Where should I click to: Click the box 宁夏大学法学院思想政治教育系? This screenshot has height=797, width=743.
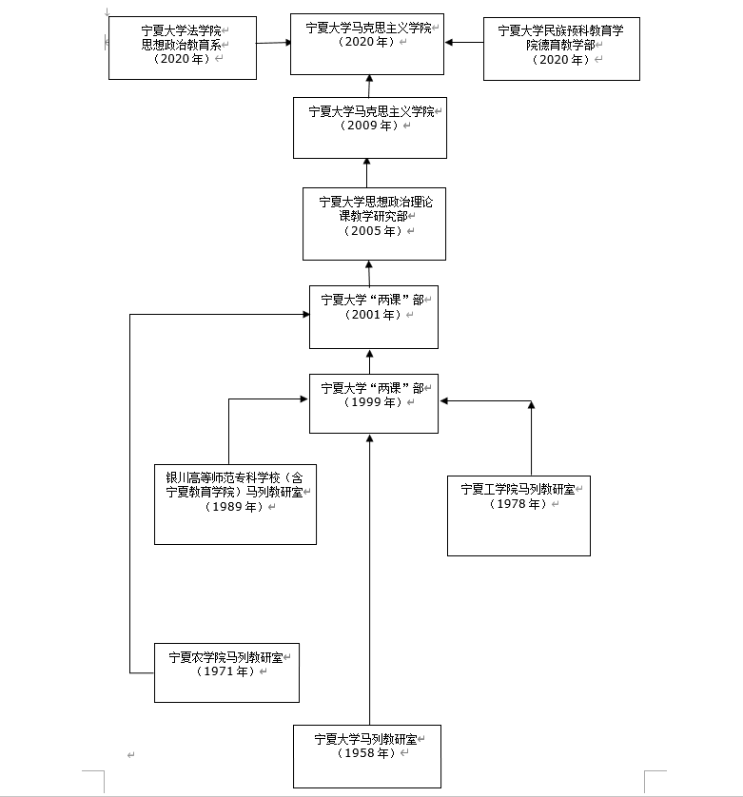click(x=183, y=47)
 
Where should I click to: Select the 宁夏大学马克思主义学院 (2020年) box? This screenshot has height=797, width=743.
click(x=367, y=45)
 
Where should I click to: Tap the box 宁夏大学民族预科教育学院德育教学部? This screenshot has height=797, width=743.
click(x=561, y=48)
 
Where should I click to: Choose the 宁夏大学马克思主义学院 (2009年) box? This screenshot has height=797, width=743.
click(x=370, y=127)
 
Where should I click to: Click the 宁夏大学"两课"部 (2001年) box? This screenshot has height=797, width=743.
click(x=374, y=316)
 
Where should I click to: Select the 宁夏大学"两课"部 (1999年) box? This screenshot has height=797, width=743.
click(x=374, y=403)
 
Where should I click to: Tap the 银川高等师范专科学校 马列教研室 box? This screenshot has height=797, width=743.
click(x=235, y=503)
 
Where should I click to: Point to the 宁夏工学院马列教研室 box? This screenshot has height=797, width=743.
click(x=518, y=515)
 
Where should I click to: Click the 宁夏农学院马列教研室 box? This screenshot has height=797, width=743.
click(x=226, y=672)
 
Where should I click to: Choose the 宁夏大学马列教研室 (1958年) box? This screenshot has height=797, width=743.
click(x=366, y=756)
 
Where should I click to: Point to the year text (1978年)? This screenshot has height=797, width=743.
click(x=518, y=504)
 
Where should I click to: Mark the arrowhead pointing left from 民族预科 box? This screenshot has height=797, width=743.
click(x=450, y=42)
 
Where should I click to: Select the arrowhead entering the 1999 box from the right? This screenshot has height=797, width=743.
click(x=444, y=401)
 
